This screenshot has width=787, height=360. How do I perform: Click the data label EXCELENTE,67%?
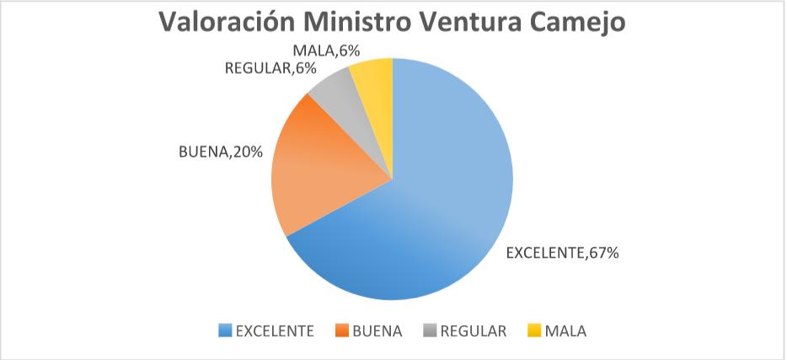click(562, 253)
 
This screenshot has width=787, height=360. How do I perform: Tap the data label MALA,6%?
click(319, 51)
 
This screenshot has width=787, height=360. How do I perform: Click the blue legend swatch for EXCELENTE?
click(225, 331)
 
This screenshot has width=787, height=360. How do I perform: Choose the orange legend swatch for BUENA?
click(342, 331)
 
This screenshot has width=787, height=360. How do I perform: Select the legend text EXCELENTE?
click(275, 331)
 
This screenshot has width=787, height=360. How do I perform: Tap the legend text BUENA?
click(378, 331)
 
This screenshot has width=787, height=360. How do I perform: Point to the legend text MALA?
click(565, 331)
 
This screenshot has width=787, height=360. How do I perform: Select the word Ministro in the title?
click(370, 23)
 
